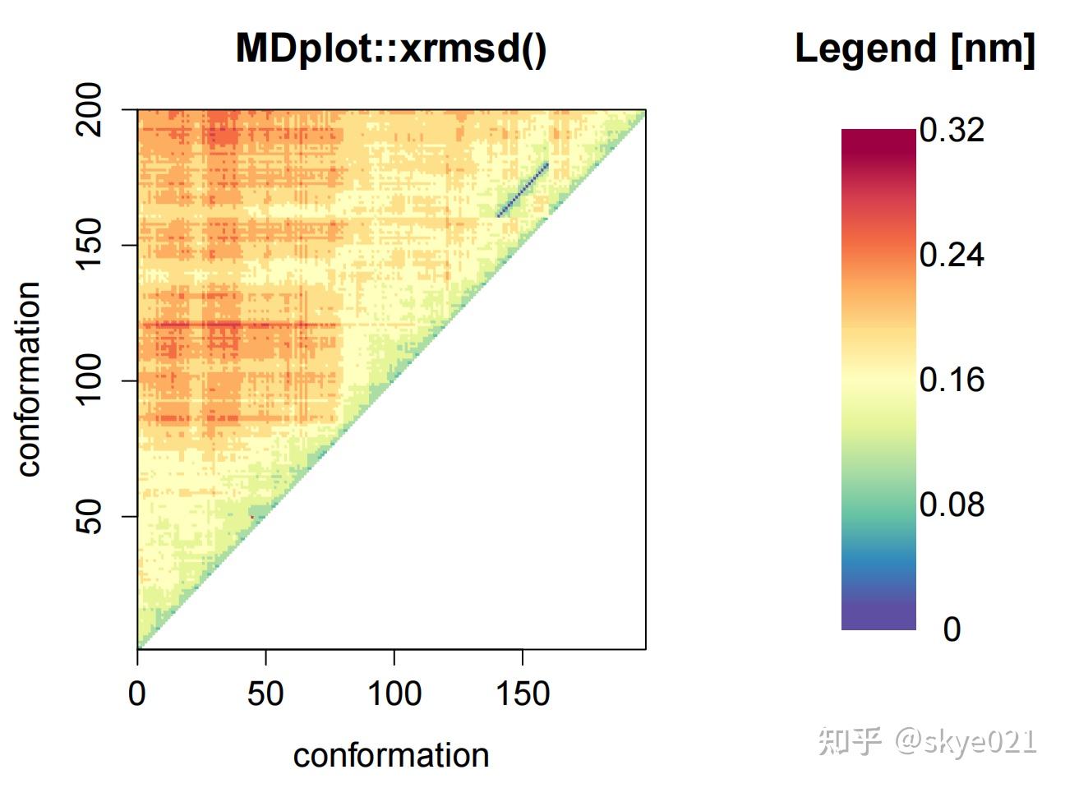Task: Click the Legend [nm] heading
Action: [x=914, y=48]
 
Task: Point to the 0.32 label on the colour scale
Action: [x=952, y=130]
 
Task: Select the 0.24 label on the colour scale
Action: [x=952, y=255]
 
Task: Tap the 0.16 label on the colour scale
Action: [x=952, y=380]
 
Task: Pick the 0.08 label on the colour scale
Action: [x=952, y=505]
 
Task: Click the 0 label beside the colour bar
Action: [x=952, y=629]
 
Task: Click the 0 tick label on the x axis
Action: [x=137, y=694]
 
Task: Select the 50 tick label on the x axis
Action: [x=265, y=694]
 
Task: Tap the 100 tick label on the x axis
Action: [x=394, y=694]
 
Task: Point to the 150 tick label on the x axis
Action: [x=523, y=694]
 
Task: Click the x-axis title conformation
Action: [x=391, y=755]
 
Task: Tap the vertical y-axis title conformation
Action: [x=29, y=379]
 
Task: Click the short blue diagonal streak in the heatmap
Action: [x=523, y=190]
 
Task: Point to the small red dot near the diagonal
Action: [x=252, y=516]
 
